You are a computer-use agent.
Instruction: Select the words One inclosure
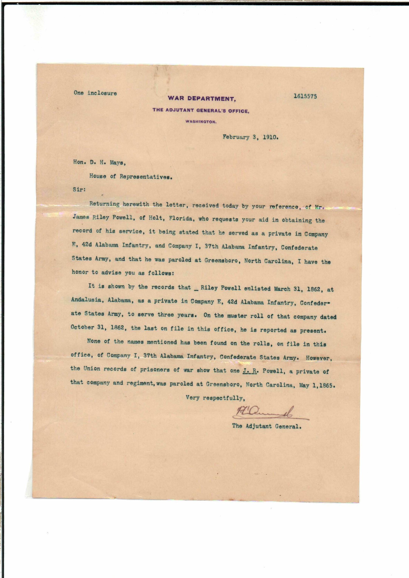click(x=95, y=93)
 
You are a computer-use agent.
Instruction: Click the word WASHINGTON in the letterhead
click(x=201, y=122)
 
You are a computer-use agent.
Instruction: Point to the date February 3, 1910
click(x=250, y=138)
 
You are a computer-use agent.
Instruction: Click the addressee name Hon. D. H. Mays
click(x=99, y=163)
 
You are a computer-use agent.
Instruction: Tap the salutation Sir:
click(x=79, y=190)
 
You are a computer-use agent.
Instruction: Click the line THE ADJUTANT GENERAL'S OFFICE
click(x=201, y=110)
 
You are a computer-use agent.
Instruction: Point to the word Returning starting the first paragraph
click(x=104, y=204)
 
